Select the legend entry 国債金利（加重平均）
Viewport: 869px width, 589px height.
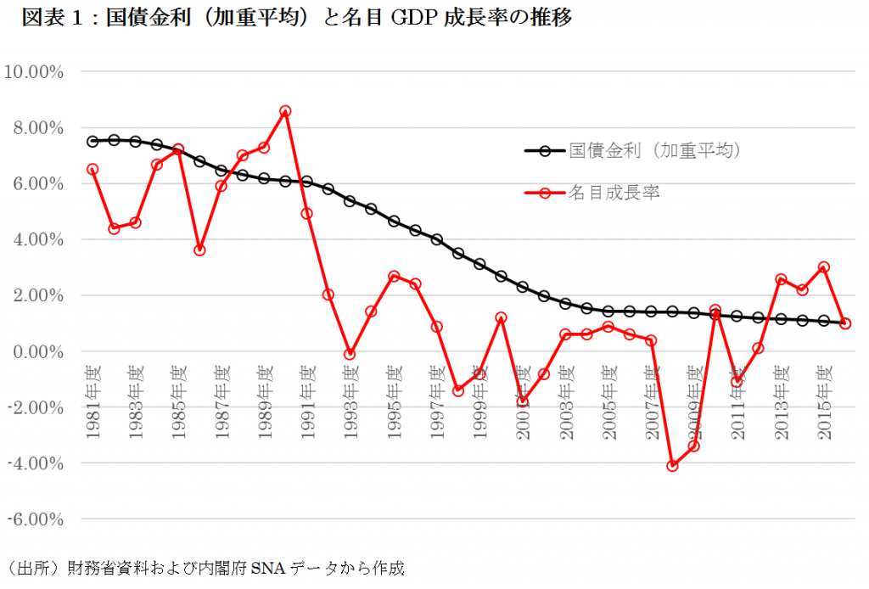coord(655,151)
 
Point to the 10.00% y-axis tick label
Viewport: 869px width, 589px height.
coord(35,71)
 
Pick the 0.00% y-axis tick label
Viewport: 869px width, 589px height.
coord(37,351)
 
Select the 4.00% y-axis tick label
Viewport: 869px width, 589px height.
coord(37,239)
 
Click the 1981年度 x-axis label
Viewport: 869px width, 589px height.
coord(93,402)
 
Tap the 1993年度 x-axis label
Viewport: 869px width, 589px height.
coord(350,402)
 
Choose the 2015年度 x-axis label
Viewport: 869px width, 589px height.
coord(823,402)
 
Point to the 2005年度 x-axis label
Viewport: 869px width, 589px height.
coord(608,402)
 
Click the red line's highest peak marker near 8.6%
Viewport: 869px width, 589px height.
coord(285,111)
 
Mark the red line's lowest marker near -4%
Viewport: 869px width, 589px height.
coord(672,465)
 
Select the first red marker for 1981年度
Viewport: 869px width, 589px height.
coord(93,169)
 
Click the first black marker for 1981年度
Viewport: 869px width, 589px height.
coord(93,142)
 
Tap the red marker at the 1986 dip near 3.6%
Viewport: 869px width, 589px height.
coord(199,250)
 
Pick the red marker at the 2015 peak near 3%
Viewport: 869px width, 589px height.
coord(823,266)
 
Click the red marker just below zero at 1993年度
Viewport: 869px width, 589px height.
coord(350,354)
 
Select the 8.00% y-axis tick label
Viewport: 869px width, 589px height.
coord(37,127)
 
